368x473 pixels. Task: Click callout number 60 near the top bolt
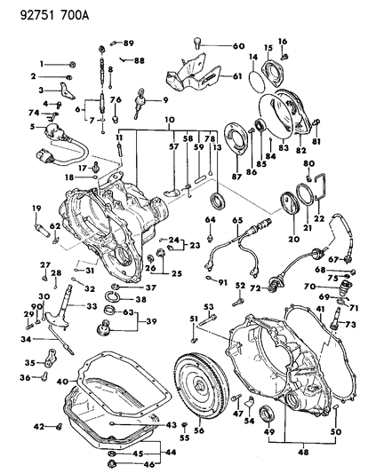click(237, 46)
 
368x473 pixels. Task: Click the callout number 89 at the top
click(128, 43)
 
